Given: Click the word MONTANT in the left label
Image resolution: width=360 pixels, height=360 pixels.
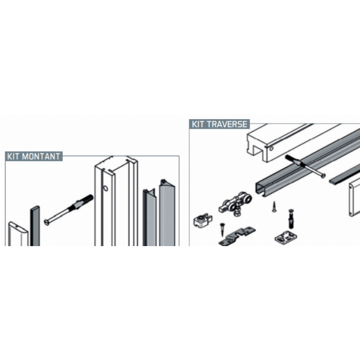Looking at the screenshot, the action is tap(41, 156).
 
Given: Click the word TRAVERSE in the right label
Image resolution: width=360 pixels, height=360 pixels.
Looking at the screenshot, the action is tap(227, 124).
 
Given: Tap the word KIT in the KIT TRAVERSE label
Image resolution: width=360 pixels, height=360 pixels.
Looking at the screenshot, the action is tap(198, 124).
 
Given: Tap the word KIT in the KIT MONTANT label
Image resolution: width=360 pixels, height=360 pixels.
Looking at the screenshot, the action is tap(13, 156).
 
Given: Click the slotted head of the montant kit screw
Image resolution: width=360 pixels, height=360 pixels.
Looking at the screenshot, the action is tap(47, 223).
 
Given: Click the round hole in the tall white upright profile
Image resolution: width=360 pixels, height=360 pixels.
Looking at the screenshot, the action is tap(105, 189).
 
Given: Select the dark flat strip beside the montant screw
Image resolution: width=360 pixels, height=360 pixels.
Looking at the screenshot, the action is tap(35, 226).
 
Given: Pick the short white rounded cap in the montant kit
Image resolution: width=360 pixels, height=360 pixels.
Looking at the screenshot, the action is tap(18, 234).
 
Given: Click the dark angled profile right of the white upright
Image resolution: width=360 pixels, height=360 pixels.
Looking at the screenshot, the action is tap(149, 217).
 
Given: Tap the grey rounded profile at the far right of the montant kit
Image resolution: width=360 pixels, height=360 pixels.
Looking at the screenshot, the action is tap(167, 213).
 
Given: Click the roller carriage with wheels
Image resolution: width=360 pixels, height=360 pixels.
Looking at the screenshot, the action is tap(235, 204).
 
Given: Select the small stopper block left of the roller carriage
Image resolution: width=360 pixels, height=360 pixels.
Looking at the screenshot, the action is tap(202, 221).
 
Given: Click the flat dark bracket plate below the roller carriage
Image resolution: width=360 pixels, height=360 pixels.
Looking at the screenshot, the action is tap(237, 236).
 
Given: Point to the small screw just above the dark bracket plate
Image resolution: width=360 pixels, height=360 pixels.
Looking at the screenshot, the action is tap(223, 229).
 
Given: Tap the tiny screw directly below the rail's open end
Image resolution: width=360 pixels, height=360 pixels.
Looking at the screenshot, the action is tap(274, 206).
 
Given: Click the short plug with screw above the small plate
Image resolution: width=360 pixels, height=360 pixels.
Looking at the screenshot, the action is tap(291, 219).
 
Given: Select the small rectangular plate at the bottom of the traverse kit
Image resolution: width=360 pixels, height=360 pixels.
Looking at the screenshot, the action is tap(286, 237).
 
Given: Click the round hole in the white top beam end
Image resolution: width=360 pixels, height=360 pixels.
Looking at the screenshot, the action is tap(272, 149).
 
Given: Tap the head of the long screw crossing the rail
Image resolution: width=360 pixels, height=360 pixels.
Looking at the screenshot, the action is tap(323, 175).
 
